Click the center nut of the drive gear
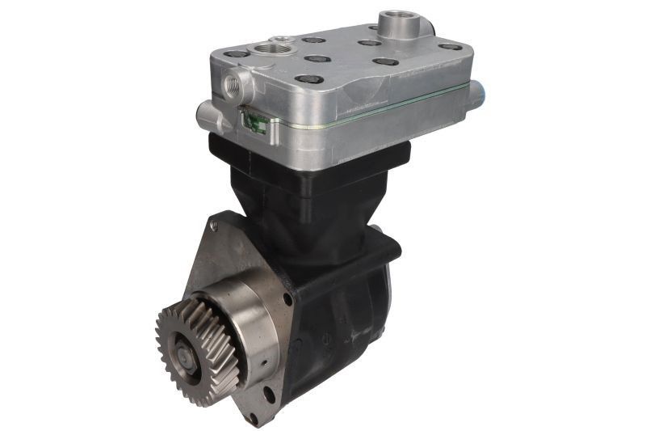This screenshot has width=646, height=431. [185, 354]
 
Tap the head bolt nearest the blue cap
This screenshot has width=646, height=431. [449, 47]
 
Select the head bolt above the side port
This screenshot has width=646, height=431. [236, 53]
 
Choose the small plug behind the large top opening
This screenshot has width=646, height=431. [282, 39]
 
